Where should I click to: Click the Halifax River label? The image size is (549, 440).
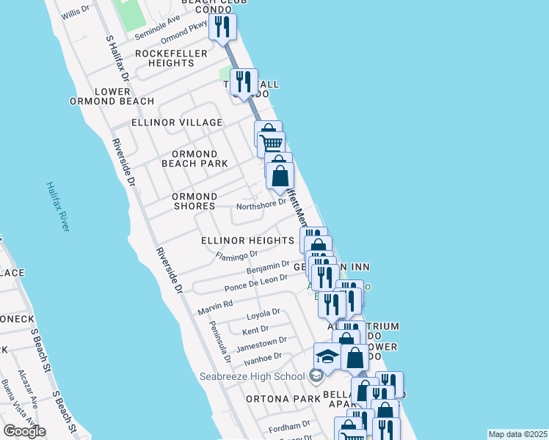coord(57,207)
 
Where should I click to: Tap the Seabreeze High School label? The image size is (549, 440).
coord(251,376)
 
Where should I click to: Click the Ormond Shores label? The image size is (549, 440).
coord(194,201)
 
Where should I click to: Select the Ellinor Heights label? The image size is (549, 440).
coord(247,241)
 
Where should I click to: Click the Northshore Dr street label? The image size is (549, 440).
coord(261,203)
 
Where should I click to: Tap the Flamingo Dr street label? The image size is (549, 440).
coord(237,255)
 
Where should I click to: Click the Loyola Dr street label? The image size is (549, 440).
coord(263,313)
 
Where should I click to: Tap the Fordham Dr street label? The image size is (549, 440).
coord(289,426)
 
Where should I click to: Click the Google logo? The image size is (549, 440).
coord(24,431)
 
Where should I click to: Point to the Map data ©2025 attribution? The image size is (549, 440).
coord(517,434)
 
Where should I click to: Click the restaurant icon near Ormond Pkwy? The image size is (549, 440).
coord(221,27)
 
